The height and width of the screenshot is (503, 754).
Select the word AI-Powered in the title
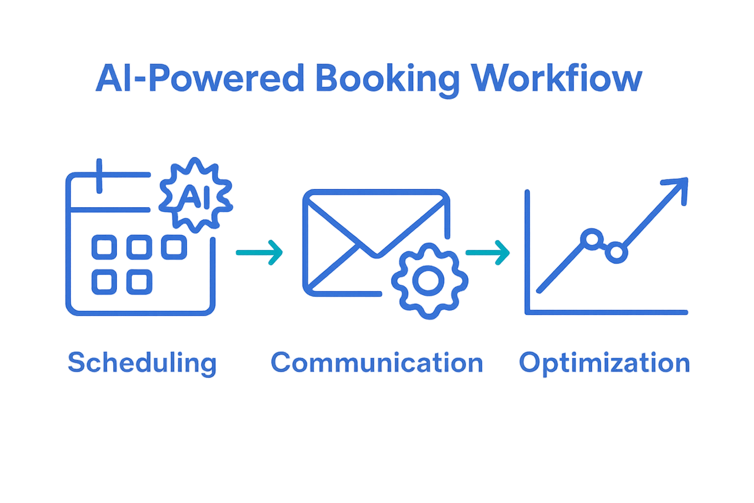(199, 79)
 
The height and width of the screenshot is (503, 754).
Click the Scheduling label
(142, 363)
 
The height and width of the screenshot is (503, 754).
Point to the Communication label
(377, 363)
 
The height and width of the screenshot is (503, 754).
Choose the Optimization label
(604, 363)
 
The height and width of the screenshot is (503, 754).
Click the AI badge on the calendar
(196, 195)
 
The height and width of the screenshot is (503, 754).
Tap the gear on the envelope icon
(429, 280)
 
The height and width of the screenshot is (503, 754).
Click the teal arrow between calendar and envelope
(259, 252)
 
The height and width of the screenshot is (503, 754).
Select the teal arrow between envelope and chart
(487, 252)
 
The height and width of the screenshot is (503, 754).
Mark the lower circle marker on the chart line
(616, 253)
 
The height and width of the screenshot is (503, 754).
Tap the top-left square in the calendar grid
(104, 247)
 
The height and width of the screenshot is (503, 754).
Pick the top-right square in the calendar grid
(174, 247)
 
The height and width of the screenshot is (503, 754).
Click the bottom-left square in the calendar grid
(104, 282)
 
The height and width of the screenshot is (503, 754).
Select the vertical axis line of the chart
(527, 251)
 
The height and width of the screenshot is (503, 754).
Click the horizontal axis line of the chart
(606, 312)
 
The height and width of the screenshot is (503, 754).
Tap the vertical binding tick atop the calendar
(99, 176)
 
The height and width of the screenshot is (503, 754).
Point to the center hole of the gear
(429, 280)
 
